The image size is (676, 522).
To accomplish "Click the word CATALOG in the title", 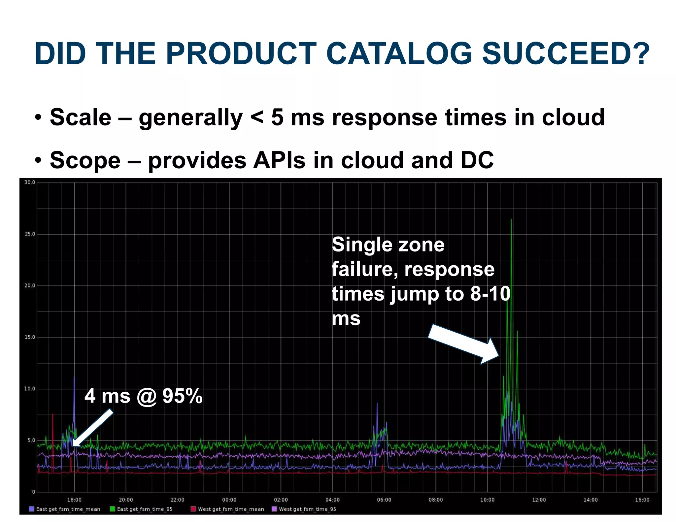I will tap(399, 53).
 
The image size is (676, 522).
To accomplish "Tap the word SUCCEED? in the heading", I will tap(566, 53).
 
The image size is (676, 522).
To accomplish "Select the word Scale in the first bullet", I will tap(81, 117).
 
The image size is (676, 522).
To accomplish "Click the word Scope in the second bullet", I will tap(85, 160).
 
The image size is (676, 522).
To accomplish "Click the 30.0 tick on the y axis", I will tap(30, 182).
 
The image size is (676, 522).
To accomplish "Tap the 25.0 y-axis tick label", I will tap(30, 234).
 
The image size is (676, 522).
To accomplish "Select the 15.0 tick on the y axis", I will tap(30, 337).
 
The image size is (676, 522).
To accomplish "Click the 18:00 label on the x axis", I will tap(74, 500).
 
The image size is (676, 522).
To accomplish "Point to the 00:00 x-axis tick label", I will tap(229, 500).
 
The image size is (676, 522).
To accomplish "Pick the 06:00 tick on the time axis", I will tap(384, 500).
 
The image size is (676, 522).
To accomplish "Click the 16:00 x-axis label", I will tap(642, 500).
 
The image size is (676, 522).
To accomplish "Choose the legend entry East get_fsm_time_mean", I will tap(65, 509).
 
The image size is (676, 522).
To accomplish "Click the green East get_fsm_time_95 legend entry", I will tap(142, 509).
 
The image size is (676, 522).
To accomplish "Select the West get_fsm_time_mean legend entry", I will tap(228, 509).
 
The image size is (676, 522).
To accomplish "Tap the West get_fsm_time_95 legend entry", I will tap(304, 509).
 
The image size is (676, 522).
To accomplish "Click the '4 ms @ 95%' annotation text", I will tap(144, 396).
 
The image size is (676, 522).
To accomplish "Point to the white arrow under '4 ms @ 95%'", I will tap(93, 428).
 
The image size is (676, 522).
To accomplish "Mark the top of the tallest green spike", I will tap(511, 219).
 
